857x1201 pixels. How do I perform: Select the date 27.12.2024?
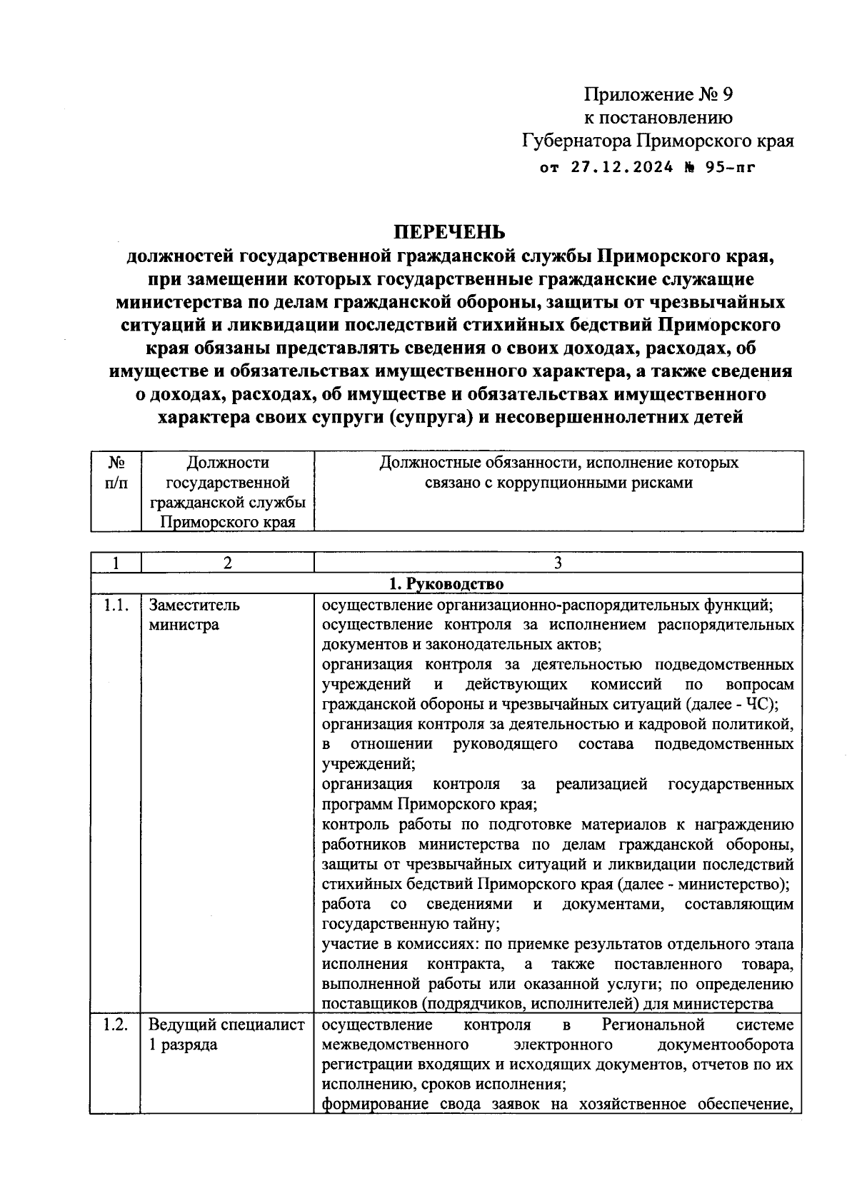click(622, 168)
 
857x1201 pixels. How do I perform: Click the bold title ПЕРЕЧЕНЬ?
click(450, 233)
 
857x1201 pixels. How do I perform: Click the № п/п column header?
click(116, 473)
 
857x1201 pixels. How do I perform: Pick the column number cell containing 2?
click(227, 563)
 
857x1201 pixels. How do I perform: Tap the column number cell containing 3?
click(558, 563)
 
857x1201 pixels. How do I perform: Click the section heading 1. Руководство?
click(446, 584)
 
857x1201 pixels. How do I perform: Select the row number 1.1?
click(116, 605)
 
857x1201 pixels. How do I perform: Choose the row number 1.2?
click(116, 1025)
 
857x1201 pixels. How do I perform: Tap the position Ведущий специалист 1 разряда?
click(226, 1035)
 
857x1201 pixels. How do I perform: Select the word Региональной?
click(653, 1025)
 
